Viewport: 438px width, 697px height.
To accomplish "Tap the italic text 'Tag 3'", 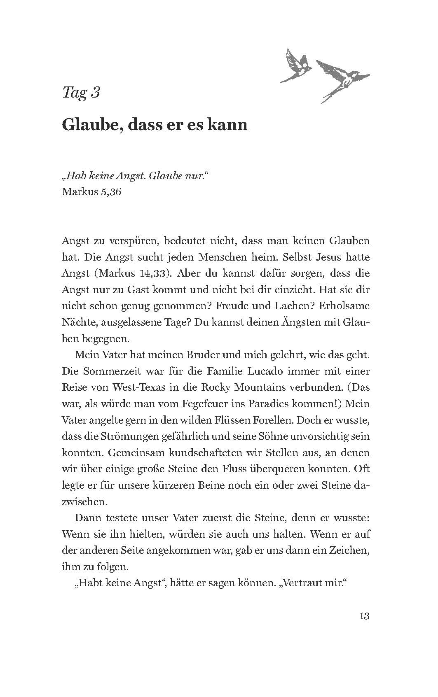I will (81, 93).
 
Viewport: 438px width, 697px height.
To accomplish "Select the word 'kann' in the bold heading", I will (228, 124).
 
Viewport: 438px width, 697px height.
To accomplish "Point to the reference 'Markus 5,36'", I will (91, 192).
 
